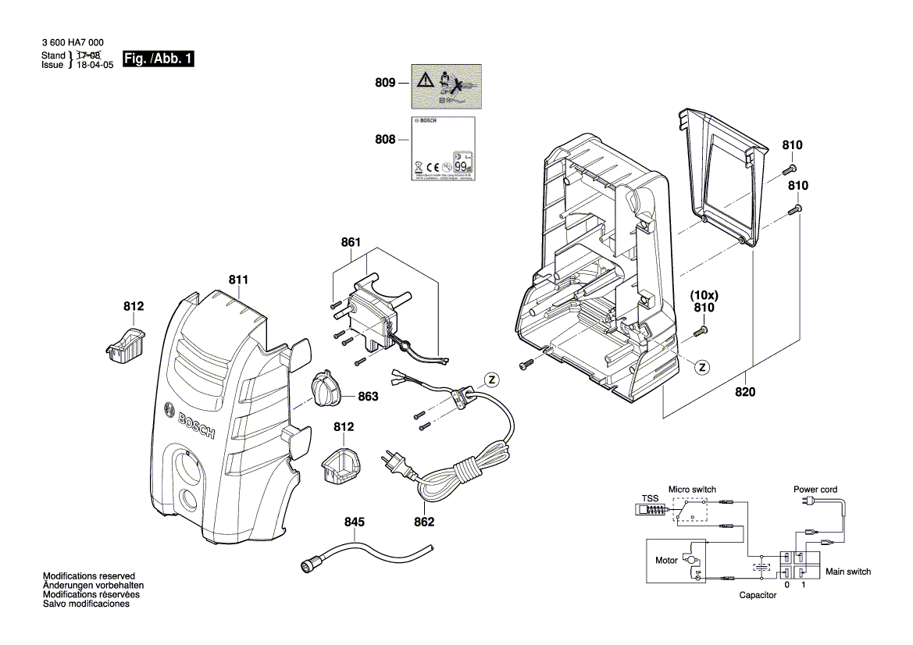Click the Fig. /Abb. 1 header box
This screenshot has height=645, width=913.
(x=158, y=59)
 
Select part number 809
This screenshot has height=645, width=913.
(x=386, y=83)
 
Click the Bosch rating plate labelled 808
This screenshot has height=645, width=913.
(x=441, y=149)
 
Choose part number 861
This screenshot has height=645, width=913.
(x=351, y=242)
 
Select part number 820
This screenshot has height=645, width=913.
(x=745, y=393)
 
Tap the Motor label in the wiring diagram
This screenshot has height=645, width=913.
(x=666, y=561)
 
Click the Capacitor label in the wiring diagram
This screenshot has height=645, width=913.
(x=758, y=595)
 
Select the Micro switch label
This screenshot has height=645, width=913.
(x=692, y=489)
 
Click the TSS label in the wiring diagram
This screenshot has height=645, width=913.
(x=650, y=498)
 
